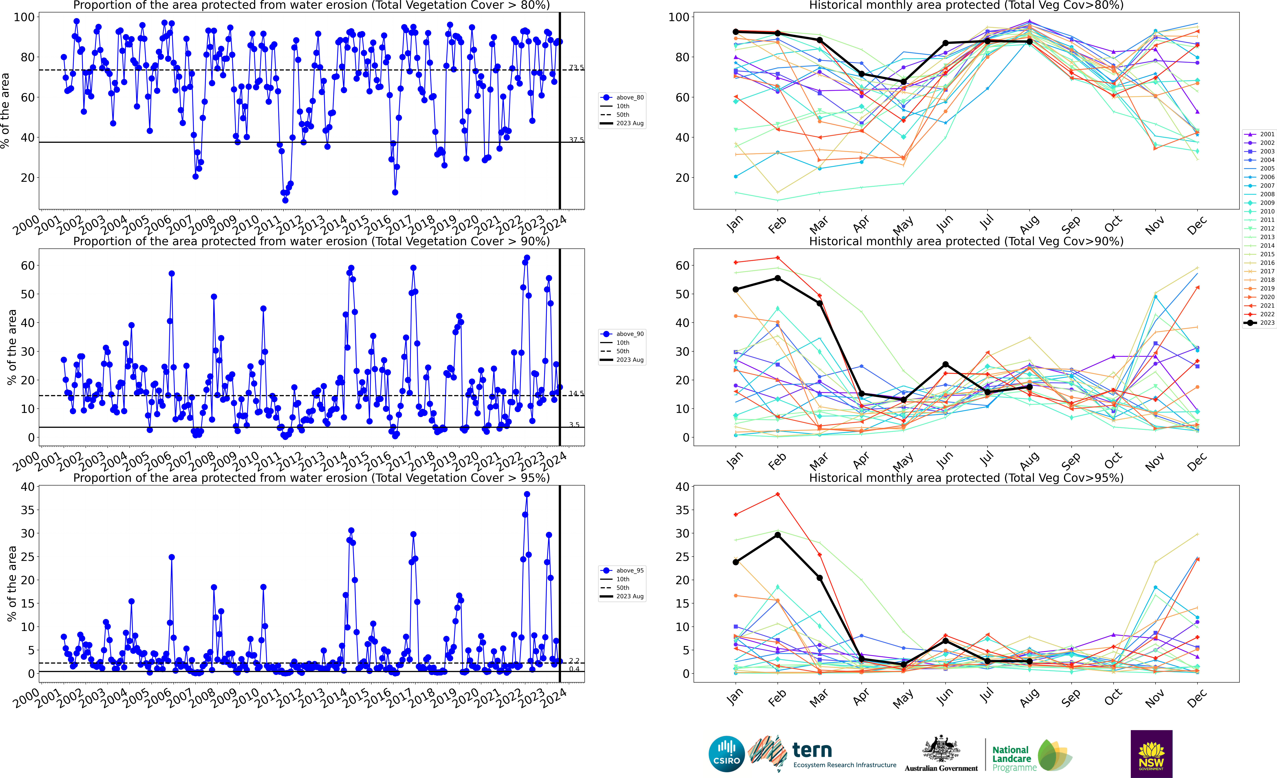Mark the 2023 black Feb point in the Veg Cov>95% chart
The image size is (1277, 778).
pyautogui.click(x=777, y=535)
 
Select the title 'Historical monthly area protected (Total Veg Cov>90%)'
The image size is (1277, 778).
pyautogui.click(x=966, y=241)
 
